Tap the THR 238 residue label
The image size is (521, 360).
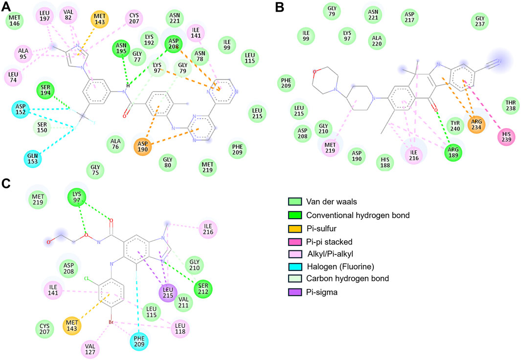pos(509,105)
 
